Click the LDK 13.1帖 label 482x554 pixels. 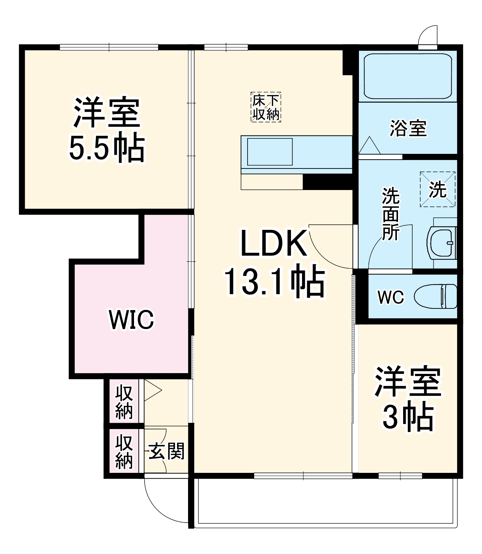pos(274,263)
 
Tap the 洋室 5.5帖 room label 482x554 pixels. pos(107,130)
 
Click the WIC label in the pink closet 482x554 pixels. pos(131,319)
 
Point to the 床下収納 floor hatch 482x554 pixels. pos(266,107)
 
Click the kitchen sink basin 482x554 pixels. pos(270,152)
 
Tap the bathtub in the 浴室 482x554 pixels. pos(408,76)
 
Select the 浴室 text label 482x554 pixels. pos(408,128)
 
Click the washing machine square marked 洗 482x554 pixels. pos(437,189)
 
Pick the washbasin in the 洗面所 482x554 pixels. pos(442,243)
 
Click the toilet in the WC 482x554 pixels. pos(436,296)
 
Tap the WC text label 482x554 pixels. pos(391,297)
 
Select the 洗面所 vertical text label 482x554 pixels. pos(390,214)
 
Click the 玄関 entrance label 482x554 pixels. pos(167,451)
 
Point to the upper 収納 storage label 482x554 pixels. pos(124,402)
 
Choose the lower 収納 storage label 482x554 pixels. pos(124,452)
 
